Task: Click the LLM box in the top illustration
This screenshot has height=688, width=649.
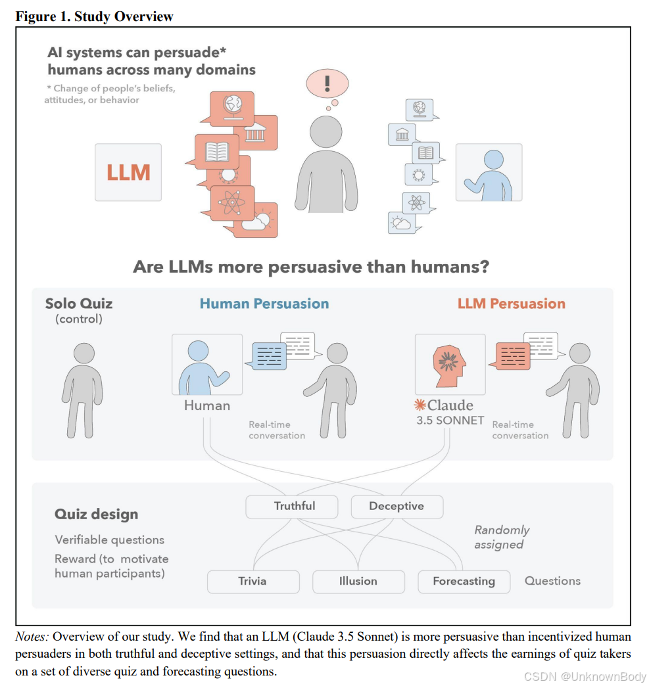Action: point(128,172)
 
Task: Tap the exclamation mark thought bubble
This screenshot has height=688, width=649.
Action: point(327,83)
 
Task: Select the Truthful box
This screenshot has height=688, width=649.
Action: point(291,506)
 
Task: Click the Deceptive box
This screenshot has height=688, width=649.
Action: point(397,506)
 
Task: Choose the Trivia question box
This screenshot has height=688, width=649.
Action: point(253,581)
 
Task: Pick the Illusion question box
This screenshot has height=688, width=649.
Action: point(358,581)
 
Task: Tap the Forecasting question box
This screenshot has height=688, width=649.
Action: point(464,581)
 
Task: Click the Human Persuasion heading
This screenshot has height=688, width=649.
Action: point(264,304)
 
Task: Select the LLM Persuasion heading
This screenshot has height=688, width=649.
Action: point(511,304)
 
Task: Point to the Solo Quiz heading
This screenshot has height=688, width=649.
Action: point(79,304)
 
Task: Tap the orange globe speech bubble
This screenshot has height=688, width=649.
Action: point(231,106)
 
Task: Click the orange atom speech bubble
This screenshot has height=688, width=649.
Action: point(231,201)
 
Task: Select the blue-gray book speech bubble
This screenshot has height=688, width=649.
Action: point(426,153)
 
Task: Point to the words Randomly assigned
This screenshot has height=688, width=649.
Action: point(501,537)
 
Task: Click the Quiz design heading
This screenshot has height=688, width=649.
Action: point(96,514)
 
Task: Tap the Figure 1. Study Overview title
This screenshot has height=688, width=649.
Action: point(95,16)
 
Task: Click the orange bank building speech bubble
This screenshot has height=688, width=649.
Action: point(254,131)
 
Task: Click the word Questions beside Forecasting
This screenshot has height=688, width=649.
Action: point(552,581)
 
